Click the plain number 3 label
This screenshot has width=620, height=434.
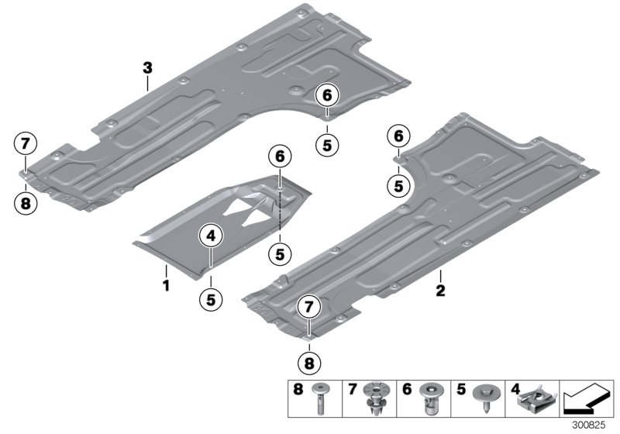[x=147, y=68]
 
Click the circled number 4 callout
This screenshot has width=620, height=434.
[x=210, y=235]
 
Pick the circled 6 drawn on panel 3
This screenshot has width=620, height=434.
[x=327, y=95]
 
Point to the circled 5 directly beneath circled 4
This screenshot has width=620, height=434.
[x=210, y=296]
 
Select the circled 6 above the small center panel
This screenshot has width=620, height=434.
[x=280, y=157]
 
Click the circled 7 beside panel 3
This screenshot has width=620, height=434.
[x=25, y=143]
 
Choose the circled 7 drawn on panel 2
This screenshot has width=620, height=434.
[x=308, y=308]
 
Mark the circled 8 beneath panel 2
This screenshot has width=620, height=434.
[x=308, y=360]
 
